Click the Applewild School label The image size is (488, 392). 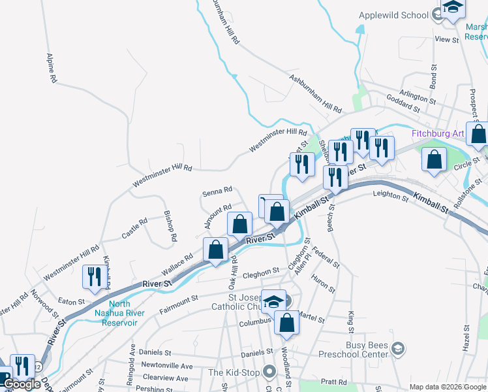(393, 14)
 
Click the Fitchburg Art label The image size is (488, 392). (438, 134)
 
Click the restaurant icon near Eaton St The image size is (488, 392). (92, 278)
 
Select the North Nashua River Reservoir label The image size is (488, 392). (115, 313)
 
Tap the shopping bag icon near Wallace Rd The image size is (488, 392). (216, 251)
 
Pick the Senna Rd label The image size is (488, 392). (217, 191)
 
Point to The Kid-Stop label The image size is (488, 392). (234, 372)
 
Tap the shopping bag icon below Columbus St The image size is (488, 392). (286, 323)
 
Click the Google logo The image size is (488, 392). (22, 384)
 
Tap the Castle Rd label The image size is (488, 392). (134, 229)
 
